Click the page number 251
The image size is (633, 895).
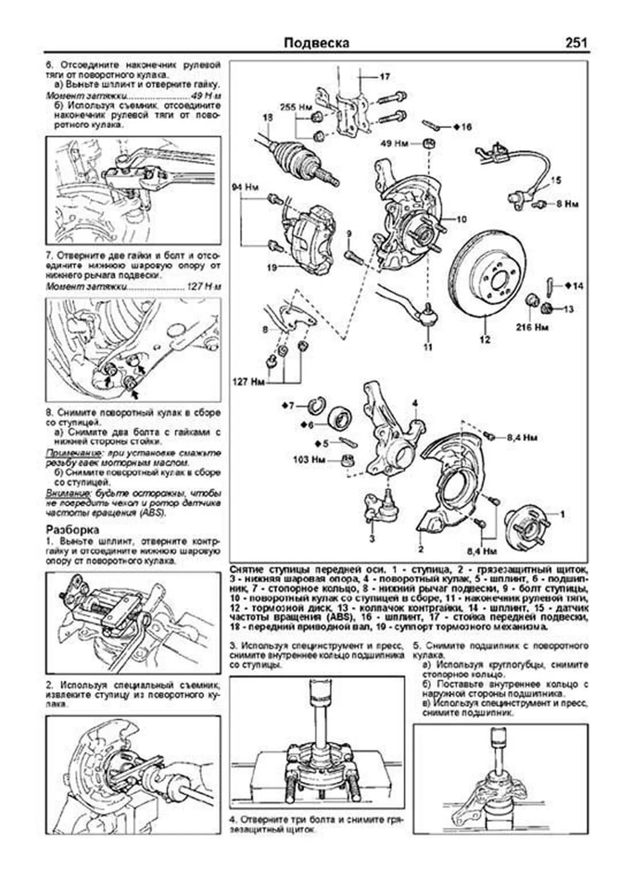pyautogui.click(x=576, y=43)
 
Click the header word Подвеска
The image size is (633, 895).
pyautogui.click(x=316, y=43)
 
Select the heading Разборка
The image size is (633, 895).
pyautogui.click(x=72, y=530)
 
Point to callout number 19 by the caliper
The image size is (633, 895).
pyautogui.click(x=271, y=268)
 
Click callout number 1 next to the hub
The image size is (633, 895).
pyautogui.click(x=562, y=514)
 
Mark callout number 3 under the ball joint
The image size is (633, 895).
pyautogui.click(x=371, y=538)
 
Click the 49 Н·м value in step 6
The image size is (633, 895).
pyautogui.click(x=205, y=96)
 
